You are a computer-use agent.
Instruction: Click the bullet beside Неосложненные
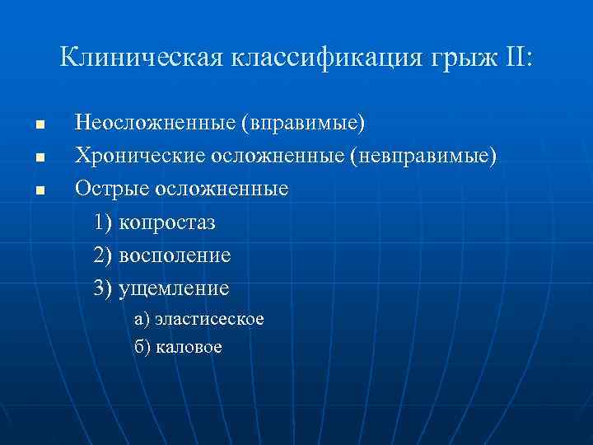click(x=38, y=125)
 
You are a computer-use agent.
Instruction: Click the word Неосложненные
click(x=155, y=124)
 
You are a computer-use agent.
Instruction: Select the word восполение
click(x=175, y=255)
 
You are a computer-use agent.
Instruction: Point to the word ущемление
click(x=174, y=289)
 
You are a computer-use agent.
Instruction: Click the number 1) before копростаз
click(x=104, y=222)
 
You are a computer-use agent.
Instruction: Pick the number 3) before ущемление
click(x=104, y=288)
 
